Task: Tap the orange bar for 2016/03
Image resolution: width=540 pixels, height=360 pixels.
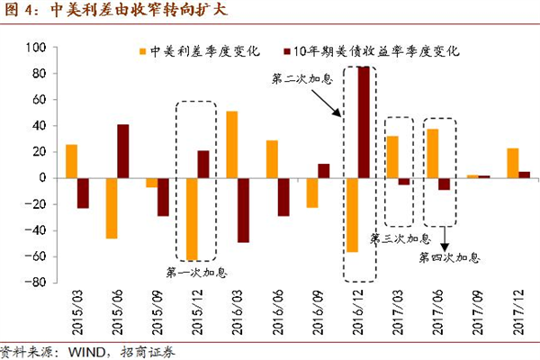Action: pyautogui.click(x=232, y=144)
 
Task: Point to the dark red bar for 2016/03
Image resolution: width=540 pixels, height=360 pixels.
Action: pyautogui.click(x=243, y=210)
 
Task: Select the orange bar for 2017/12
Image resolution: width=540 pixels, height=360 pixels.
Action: pyautogui.click(x=512, y=163)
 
